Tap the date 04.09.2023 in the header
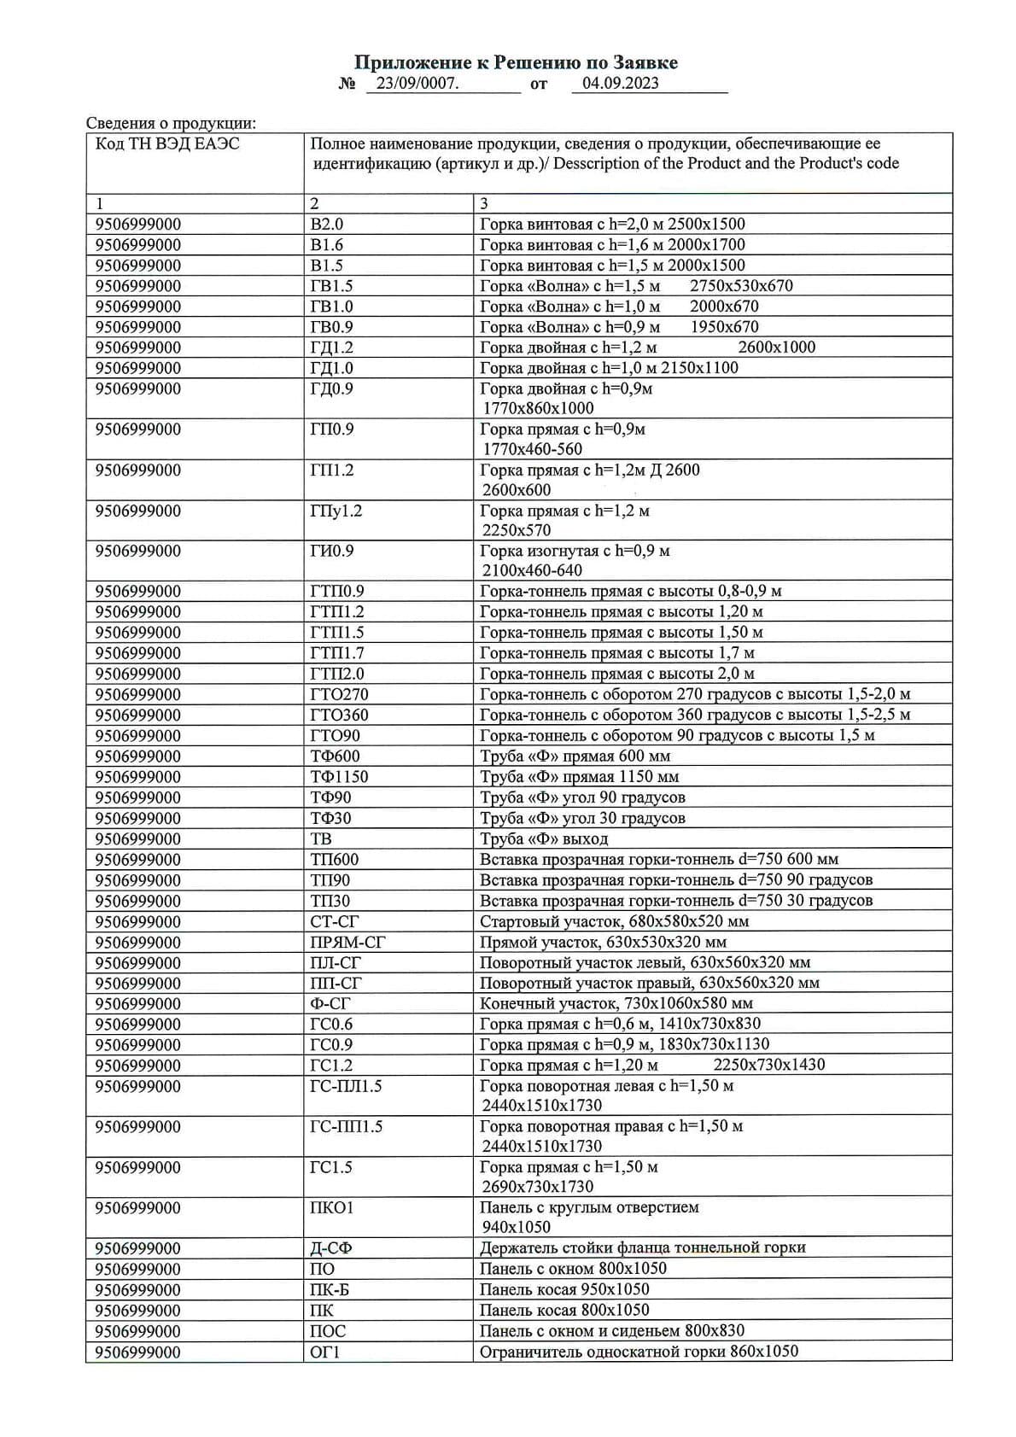click(620, 83)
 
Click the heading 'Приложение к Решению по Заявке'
click(516, 62)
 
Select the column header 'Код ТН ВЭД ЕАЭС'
click(167, 143)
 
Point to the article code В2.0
click(326, 225)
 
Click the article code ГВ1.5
click(331, 286)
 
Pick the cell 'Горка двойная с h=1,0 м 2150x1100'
click(609, 368)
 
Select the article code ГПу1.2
click(336, 511)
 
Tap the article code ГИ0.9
click(331, 552)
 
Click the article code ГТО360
click(339, 716)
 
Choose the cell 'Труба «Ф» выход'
click(544, 838)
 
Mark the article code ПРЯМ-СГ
click(347, 943)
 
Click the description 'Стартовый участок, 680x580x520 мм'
click(614, 922)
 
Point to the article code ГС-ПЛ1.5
click(346, 1086)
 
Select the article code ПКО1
click(331, 1208)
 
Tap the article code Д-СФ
click(330, 1248)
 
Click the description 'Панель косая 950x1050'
click(564, 1289)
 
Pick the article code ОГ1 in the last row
click(324, 1352)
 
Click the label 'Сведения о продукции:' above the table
click(171, 124)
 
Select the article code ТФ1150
click(339, 777)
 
